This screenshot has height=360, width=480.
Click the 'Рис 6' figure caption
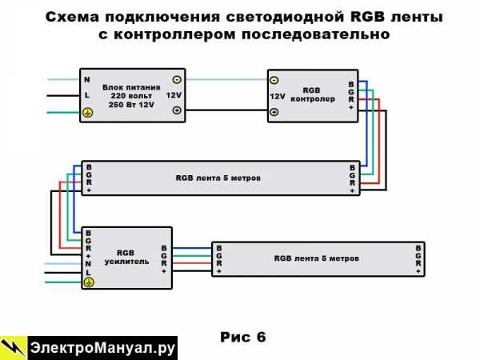pos(242,337)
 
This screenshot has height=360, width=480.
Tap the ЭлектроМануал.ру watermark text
pos(102,348)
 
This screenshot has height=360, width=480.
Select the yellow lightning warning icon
pos(14,347)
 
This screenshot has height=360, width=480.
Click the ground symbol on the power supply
pos(88,113)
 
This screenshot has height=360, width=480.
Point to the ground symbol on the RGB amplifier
pos(88,282)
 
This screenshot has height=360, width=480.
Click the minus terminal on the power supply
pos(177,79)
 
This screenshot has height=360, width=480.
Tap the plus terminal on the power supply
pos(177,111)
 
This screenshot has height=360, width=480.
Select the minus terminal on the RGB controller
pos(274,80)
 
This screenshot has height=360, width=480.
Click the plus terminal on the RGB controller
pos(274,112)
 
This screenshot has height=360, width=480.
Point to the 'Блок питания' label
pos(131,86)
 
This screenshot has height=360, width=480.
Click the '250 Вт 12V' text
pos(130,104)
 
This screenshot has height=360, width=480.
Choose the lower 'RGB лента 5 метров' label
pos(316,258)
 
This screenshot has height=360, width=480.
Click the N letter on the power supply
pos(87,79)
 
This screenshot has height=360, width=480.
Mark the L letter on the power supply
pos(87,96)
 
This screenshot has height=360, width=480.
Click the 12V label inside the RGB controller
pos(278,96)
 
